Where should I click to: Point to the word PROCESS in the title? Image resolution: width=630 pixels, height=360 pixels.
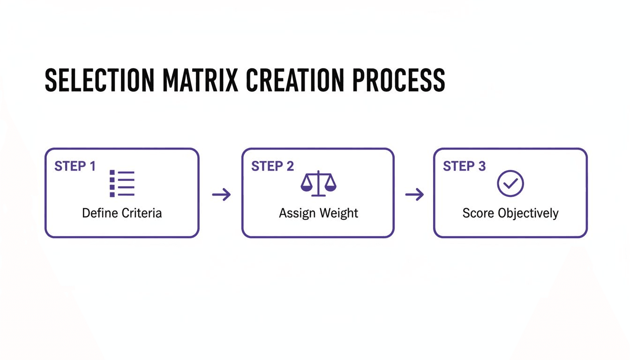tap(398, 80)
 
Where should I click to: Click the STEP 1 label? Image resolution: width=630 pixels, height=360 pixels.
tap(75, 166)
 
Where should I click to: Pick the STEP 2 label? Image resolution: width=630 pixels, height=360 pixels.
tap(272, 166)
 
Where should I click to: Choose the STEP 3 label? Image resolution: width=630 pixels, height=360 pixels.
tap(464, 166)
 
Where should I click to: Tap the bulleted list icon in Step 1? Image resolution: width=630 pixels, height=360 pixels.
tap(122, 183)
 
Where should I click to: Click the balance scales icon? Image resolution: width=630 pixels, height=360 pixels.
tap(318, 183)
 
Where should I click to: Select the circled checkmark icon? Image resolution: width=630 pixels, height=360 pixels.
tap(510, 183)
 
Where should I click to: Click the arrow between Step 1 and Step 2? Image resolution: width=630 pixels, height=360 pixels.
tap(221, 195)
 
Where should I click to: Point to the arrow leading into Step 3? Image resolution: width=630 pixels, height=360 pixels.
tap(414, 195)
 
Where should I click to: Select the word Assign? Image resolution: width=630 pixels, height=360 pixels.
tap(296, 213)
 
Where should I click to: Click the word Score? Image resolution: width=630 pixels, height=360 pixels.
tap(478, 213)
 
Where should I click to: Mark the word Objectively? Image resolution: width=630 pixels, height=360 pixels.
tap(528, 214)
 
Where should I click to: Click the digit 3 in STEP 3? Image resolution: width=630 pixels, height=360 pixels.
tap(482, 166)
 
